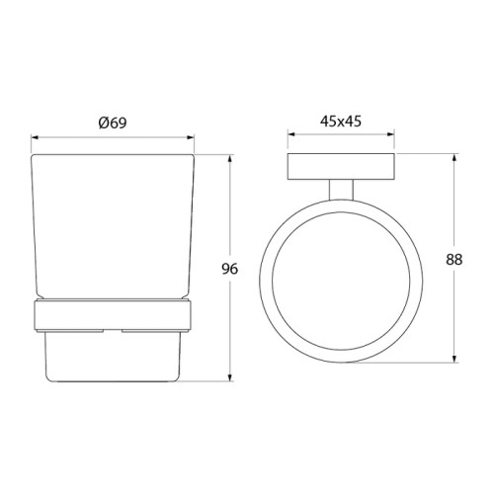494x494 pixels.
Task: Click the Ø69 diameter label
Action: tap(113, 123)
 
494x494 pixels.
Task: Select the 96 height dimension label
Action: tap(229, 269)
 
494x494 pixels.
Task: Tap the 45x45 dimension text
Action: tap(341, 122)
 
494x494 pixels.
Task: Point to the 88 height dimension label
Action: tap(454, 260)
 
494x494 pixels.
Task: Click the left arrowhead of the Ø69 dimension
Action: tap(35, 137)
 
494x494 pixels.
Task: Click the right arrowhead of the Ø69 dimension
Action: tap(191, 137)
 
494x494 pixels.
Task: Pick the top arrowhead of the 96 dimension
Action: tap(230, 158)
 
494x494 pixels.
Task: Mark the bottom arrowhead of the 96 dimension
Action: tap(230, 377)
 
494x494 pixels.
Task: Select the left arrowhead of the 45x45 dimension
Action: tap(291, 134)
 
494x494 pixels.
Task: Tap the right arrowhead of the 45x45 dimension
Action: tap(390, 134)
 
